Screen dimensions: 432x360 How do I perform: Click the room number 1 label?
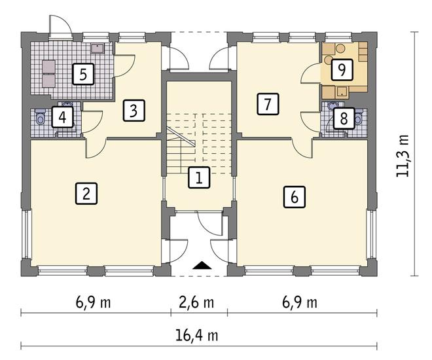coord(199,177)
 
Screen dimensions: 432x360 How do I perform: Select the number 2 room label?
coord(86,193)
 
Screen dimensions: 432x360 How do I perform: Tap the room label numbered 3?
coord(134,110)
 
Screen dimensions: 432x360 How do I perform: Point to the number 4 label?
coord(62,117)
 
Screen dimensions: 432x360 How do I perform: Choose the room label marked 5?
coord(83,74)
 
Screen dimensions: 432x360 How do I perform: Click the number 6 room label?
coord(295,196)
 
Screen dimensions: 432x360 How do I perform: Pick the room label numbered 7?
coord(268,104)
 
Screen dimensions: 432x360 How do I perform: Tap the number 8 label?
coord(344,118)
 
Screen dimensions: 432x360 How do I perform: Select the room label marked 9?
coord(342,69)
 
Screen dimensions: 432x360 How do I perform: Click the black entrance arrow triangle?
coord(202,265)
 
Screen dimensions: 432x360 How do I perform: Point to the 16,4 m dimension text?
coord(197,336)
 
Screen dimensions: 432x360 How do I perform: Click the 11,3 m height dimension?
coord(403,156)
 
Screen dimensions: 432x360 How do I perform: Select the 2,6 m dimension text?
coord(196,302)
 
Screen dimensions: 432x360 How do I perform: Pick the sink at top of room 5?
coord(98,48)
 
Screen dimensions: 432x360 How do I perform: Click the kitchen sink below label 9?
coord(342,92)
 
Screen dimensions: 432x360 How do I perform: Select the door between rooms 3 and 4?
coord(92,121)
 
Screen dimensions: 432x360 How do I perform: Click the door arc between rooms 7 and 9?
coord(310,73)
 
